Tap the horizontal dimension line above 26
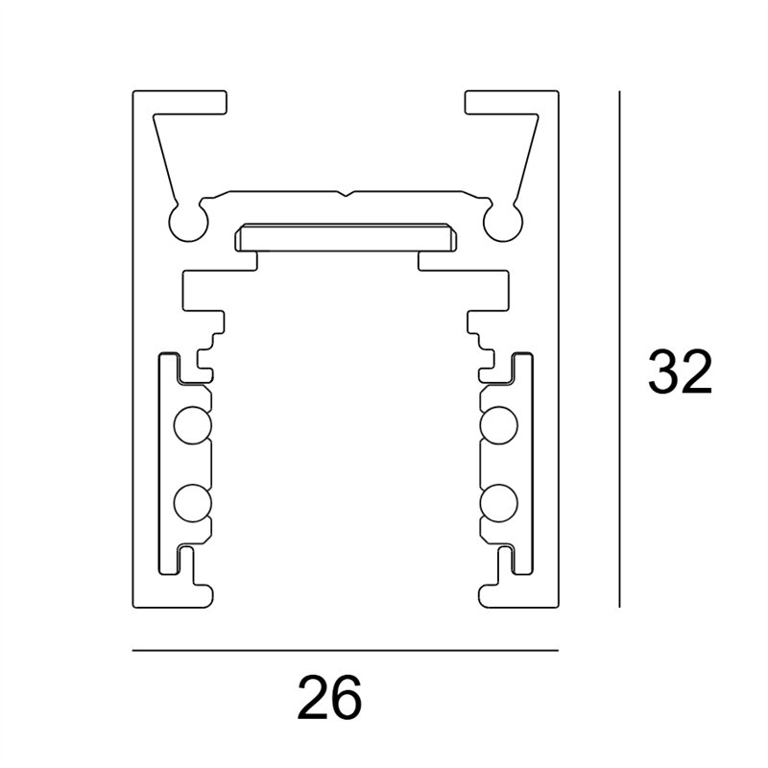pyautogui.click(x=345, y=651)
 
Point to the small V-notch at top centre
pyautogui.click(x=346, y=193)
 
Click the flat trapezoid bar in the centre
pyautogui.click(x=345, y=236)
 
